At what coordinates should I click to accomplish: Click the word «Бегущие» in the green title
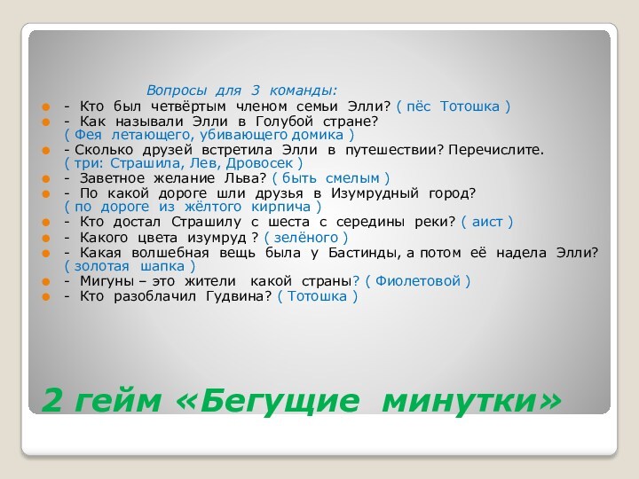(x=280, y=401)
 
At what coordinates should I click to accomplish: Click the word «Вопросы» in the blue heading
(x=177, y=90)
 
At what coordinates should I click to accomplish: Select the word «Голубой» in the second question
(x=284, y=122)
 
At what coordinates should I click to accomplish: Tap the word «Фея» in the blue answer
(x=88, y=135)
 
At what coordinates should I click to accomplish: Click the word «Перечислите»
(x=496, y=150)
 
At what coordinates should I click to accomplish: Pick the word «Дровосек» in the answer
(x=259, y=163)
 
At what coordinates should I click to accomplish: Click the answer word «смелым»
(x=352, y=178)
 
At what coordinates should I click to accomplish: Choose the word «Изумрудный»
(x=375, y=193)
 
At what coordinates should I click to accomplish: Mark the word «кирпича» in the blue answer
(x=280, y=207)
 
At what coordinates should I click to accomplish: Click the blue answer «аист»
(x=487, y=222)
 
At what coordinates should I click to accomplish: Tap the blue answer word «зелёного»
(x=306, y=238)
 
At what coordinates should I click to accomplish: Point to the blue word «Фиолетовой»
(x=418, y=281)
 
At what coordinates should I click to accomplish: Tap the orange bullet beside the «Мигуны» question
(x=45, y=281)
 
